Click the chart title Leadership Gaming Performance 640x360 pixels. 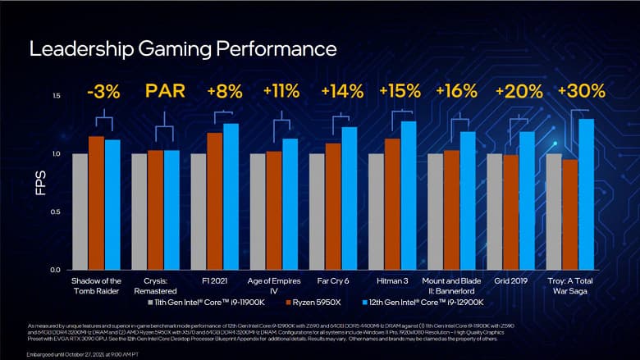point(182,48)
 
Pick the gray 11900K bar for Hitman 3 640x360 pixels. point(376,211)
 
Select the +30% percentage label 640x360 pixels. point(581,89)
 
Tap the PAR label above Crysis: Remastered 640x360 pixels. point(164,89)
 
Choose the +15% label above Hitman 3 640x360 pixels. point(402,89)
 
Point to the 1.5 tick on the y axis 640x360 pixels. point(56,96)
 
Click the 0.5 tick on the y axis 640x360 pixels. point(56,212)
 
